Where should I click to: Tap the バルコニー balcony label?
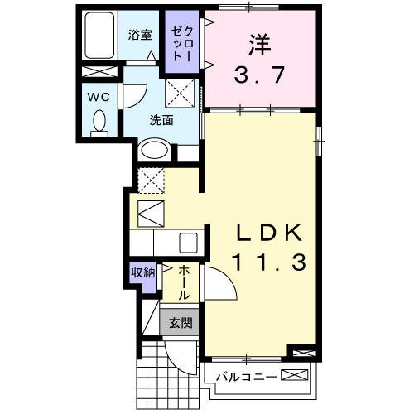[x=243, y=378]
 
